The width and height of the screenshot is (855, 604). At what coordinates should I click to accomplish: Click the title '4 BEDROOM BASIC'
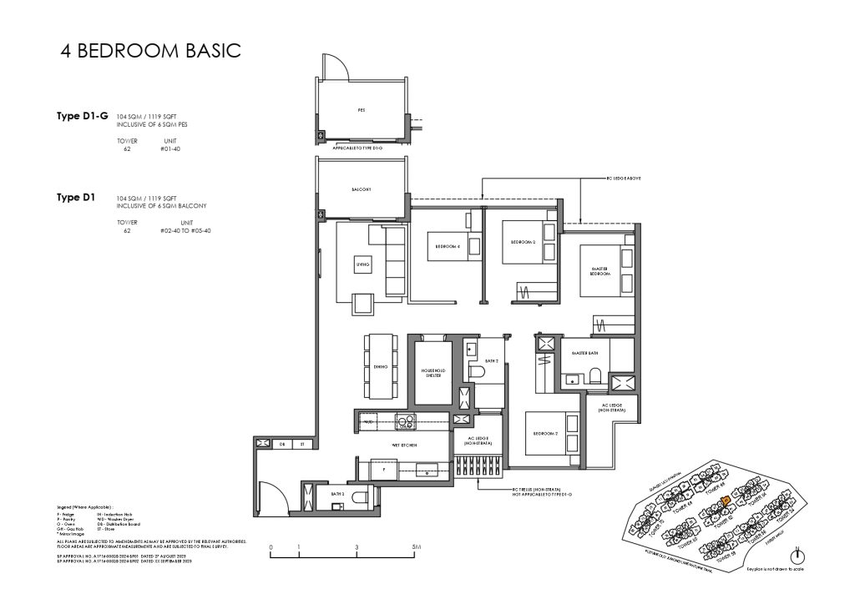point(151,50)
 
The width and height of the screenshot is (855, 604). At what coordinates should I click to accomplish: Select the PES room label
point(361,109)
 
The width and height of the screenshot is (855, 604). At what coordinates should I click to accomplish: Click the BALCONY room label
point(361,189)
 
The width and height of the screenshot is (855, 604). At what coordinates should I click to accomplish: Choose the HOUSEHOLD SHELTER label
point(431,372)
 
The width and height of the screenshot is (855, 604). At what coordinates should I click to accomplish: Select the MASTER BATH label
point(583,354)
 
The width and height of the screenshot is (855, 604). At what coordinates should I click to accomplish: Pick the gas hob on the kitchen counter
point(405,422)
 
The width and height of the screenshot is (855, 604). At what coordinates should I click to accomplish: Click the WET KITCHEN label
point(404,445)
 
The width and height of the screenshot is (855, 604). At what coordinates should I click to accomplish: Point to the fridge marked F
point(383,471)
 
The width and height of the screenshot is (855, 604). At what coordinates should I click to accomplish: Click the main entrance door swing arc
point(269,492)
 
